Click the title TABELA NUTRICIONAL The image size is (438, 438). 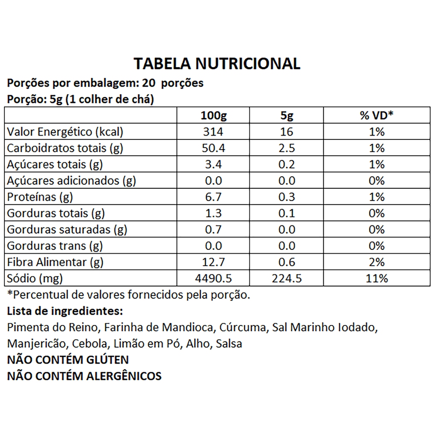217,63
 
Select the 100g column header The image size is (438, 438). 213,116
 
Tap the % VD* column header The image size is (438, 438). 376,116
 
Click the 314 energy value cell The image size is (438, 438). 213,132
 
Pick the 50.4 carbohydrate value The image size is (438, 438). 213,148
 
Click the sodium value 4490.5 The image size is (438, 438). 213,278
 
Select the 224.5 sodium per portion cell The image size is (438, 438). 287,278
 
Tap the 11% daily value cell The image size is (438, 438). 376,278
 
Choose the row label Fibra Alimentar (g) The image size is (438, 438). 56,262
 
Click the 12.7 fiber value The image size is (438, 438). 213,262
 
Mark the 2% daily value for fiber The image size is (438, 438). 376,262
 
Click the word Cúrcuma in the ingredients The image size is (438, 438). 242,328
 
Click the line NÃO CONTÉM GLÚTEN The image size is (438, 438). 68,360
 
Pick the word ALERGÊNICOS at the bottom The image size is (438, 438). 124,376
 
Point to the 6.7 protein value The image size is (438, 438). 213,197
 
